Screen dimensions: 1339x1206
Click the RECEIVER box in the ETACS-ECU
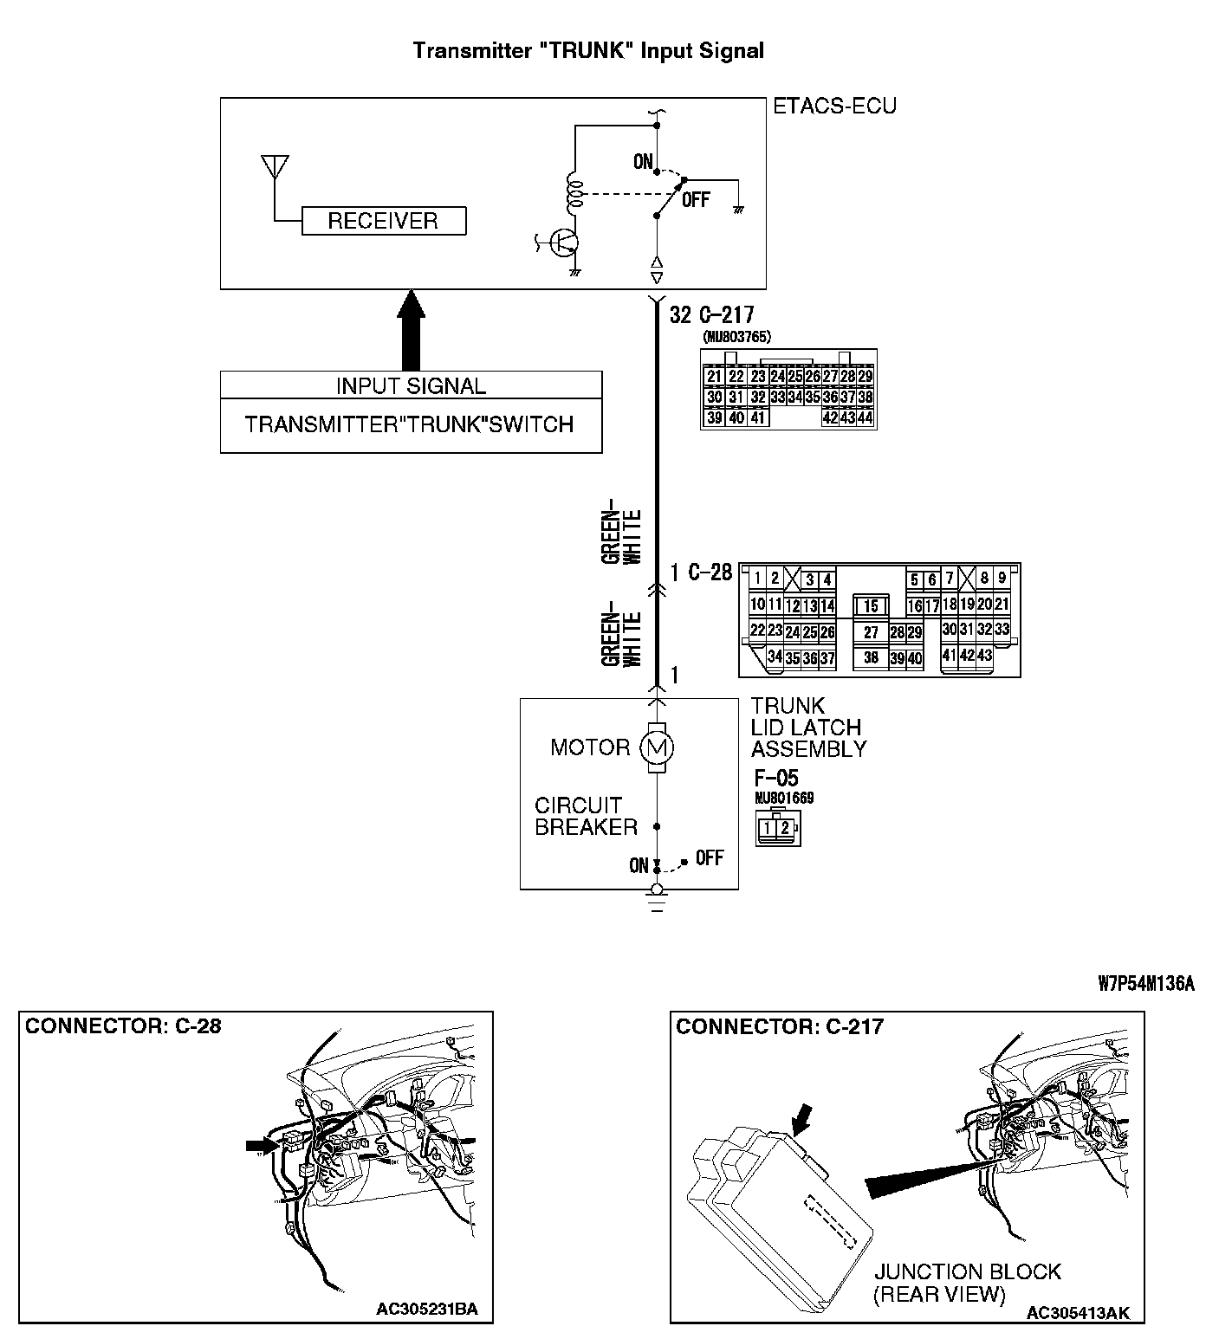pyautogui.click(x=383, y=221)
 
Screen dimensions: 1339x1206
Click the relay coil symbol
pyautogui.click(x=573, y=194)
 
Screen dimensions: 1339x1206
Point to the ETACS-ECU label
pyautogui.click(x=834, y=107)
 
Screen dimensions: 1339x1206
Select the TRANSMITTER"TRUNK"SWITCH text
pyautogui.click(x=410, y=424)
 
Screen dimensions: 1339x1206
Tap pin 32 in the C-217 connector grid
pyautogui.click(x=758, y=398)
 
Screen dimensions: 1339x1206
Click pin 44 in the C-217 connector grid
pyautogui.click(x=865, y=417)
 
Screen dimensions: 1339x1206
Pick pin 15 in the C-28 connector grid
pyautogui.click(x=872, y=606)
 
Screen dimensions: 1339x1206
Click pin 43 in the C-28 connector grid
pyautogui.click(x=984, y=656)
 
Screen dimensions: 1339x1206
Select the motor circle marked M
pyautogui.click(x=656, y=747)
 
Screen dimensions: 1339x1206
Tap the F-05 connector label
pyautogui.click(x=775, y=777)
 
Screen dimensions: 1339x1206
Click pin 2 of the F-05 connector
pyautogui.click(x=785, y=828)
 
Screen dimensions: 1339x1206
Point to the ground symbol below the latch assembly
pyautogui.click(x=657, y=902)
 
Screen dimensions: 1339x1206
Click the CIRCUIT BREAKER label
pyautogui.click(x=586, y=816)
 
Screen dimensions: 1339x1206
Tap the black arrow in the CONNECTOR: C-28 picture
pyautogui.click(x=259, y=1146)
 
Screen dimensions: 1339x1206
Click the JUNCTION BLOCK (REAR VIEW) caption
pyautogui.click(x=967, y=1283)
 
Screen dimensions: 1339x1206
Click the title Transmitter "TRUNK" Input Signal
pyautogui.click(x=588, y=50)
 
